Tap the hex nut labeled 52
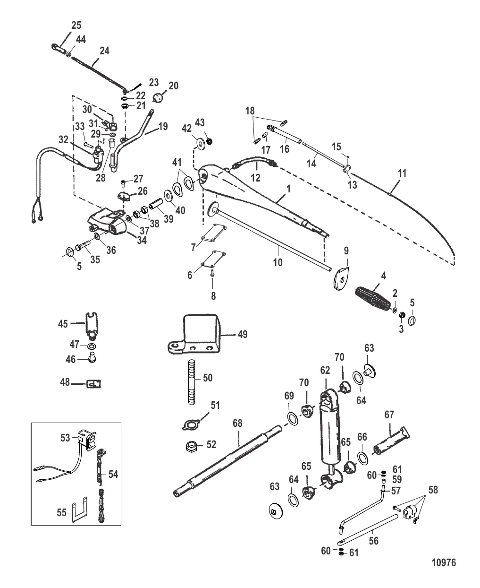190,444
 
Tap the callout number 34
141,241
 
